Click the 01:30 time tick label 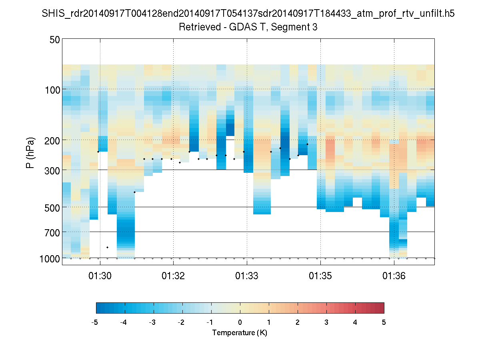tap(100, 276)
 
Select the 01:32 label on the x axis tap(173, 276)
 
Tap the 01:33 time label tap(247, 276)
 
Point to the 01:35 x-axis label tap(320, 276)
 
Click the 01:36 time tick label tap(394, 276)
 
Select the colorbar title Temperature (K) tap(240, 333)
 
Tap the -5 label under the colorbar tap(95, 322)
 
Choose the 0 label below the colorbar tap(240, 322)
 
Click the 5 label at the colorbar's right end tap(384, 322)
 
